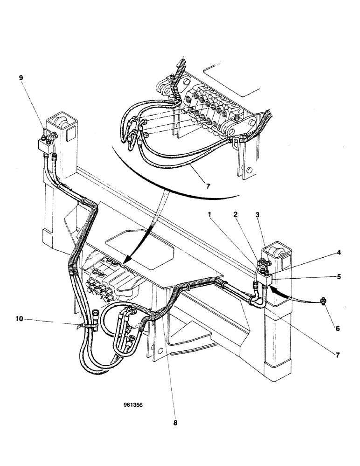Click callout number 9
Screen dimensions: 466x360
tap(21, 78)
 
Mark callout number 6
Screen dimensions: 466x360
tap(337, 329)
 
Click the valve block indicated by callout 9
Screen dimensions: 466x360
tap(46, 145)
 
